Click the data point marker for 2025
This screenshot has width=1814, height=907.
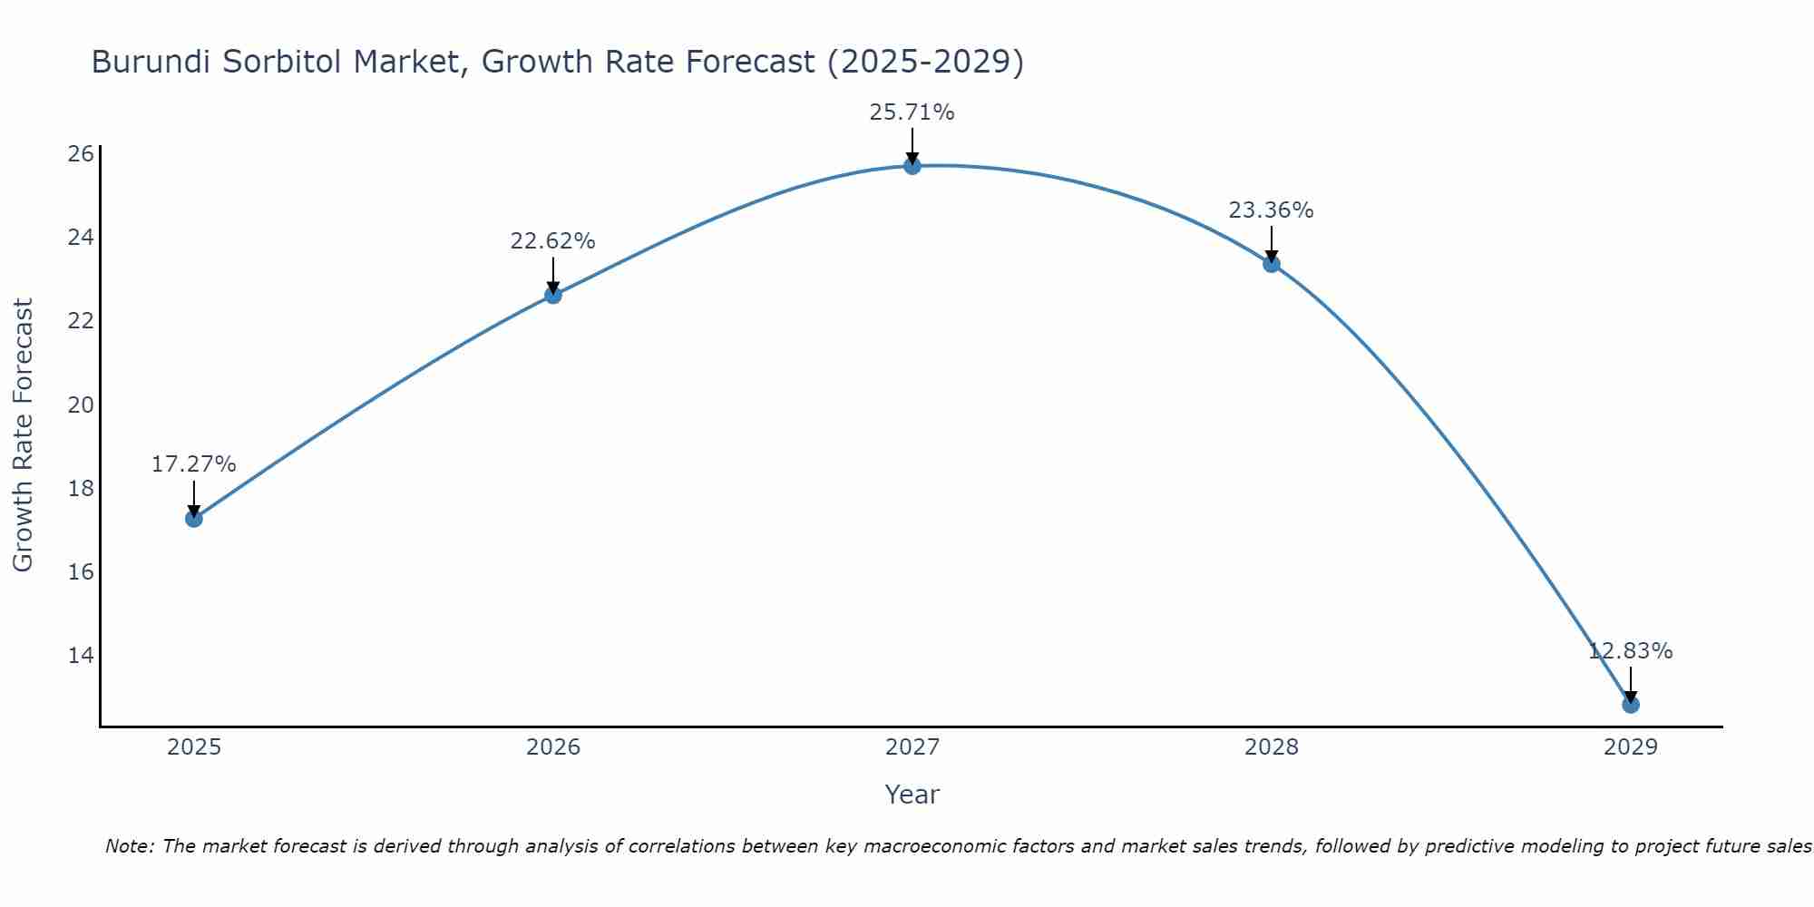[193, 519]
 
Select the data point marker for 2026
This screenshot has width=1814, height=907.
[552, 295]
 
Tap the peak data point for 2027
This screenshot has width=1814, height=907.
[912, 166]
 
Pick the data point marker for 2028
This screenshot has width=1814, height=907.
[1271, 264]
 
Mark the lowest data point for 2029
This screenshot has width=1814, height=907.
[1630, 705]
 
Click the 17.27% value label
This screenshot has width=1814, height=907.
[193, 464]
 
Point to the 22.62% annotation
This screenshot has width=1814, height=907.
[552, 241]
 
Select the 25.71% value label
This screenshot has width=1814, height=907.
[912, 112]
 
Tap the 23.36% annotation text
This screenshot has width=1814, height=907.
[1271, 210]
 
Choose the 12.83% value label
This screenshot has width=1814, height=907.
[1630, 651]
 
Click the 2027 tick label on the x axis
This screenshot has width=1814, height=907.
[912, 747]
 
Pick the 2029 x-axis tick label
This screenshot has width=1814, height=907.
[1630, 747]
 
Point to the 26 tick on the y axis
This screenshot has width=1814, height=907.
[81, 153]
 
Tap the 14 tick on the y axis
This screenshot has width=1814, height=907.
[81, 655]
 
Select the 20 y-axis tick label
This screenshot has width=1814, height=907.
[81, 405]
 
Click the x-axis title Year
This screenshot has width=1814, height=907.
[912, 795]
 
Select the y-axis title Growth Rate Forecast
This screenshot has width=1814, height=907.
[23, 434]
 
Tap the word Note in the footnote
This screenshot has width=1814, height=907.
[129, 846]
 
